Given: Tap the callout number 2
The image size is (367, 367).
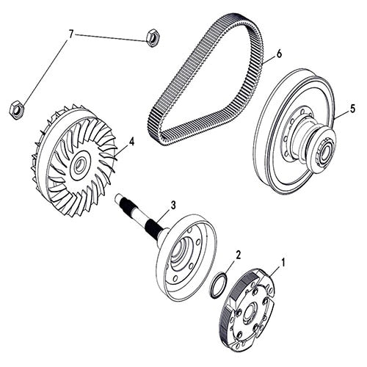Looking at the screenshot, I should pos(238,255).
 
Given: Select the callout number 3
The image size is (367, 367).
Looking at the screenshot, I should pos(173,205).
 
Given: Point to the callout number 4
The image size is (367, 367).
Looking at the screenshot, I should pos(131,141).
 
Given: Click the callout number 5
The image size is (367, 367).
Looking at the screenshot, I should pos(352,109).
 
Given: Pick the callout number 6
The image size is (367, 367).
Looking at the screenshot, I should pos(278,54).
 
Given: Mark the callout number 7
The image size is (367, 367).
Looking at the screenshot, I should pos(71,34).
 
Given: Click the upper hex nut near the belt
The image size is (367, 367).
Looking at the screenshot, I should pos(153,37).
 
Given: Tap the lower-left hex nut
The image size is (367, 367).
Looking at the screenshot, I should pos(15,109).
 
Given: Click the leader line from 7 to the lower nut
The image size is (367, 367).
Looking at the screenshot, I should pos(44,70).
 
